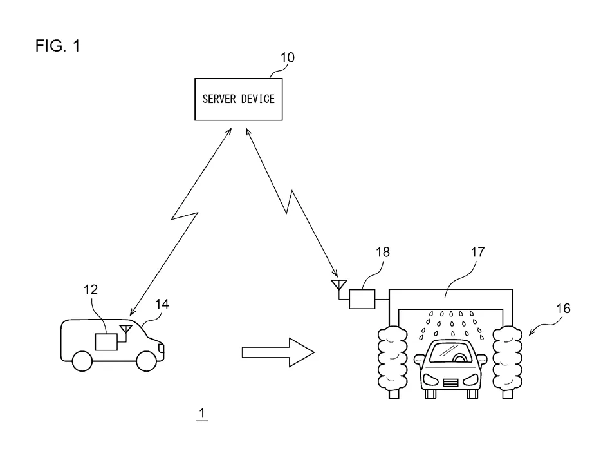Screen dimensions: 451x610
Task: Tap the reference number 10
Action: click(x=287, y=58)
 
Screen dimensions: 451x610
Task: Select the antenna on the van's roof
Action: click(x=127, y=331)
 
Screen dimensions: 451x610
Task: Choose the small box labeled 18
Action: click(x=362, y=298)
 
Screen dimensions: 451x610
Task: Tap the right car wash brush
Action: click(x=508, y=356)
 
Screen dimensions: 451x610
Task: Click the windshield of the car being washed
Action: click(x=450, y=352)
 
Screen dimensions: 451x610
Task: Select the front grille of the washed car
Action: click(x=450, y=381)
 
